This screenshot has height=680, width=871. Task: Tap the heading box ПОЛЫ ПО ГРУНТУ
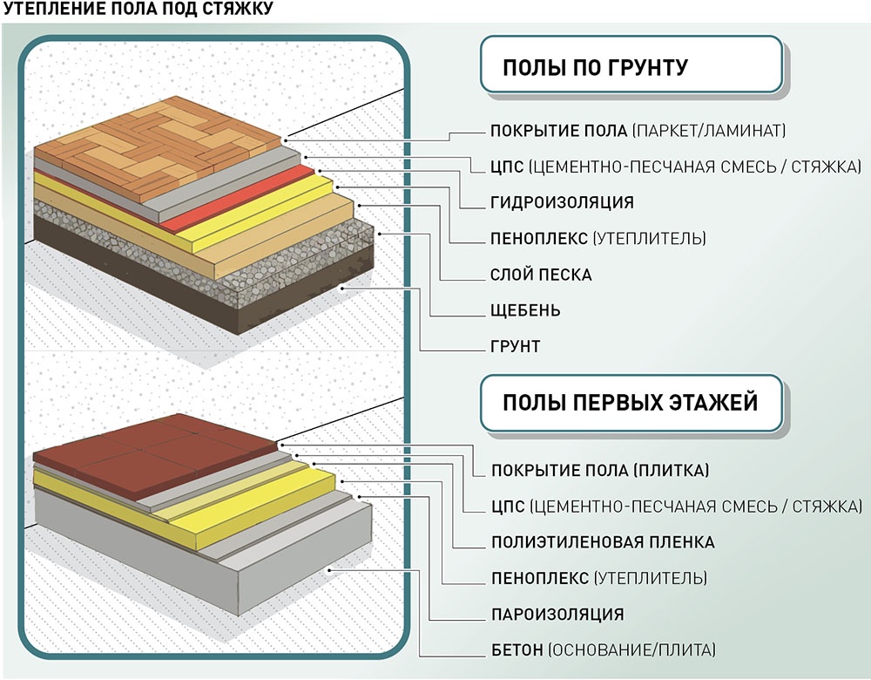631,66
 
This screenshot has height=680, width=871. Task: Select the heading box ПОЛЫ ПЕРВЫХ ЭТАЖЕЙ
631,403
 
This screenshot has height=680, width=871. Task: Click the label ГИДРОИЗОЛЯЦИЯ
562,203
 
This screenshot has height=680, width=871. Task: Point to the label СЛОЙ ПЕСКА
541,275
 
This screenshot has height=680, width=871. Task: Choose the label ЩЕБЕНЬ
525,311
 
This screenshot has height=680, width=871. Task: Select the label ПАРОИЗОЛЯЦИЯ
557,614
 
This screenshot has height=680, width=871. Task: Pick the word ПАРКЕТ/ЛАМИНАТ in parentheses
710,132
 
